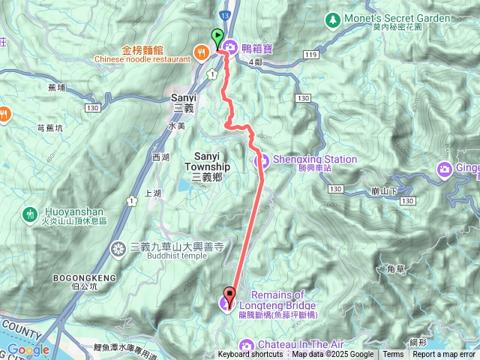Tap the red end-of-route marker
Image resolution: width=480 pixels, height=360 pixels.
[x=229, y=295]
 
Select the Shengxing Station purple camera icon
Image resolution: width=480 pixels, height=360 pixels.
[x=262, y=160]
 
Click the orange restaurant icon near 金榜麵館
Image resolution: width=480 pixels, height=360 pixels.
[x=201, y=52]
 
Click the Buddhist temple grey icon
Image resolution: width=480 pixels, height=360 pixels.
[x=118, y=248]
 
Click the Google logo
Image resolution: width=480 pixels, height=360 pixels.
[x=28, y=349]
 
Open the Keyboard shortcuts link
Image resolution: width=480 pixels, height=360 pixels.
[x=250, y=355]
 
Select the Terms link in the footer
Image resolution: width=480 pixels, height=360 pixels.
[x=392, y=355]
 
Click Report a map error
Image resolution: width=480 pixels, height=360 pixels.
[x=445, y=355]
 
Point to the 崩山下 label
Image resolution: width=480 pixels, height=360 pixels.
[x=384, y=191]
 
